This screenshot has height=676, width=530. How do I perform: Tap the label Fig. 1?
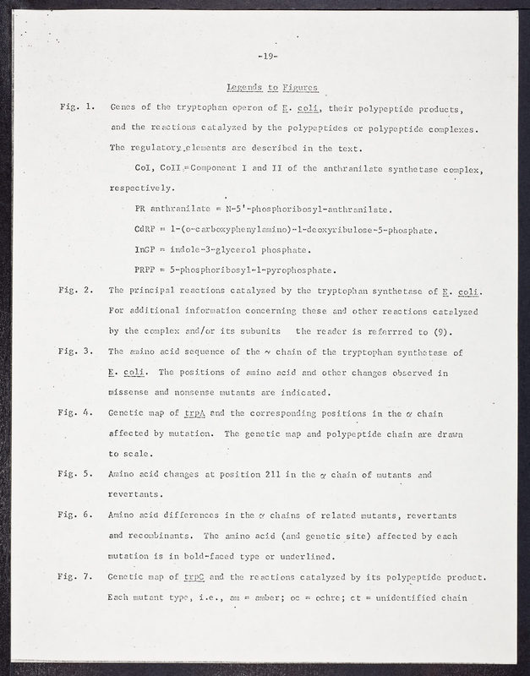[x=77, y=110]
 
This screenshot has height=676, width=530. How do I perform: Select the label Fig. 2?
[x=77, y=291]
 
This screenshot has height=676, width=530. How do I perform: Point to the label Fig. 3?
[x=77, y=352]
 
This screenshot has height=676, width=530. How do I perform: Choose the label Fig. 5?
[x=77, y=474]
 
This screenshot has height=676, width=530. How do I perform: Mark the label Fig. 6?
[x=77, y=515]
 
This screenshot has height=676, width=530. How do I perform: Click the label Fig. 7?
[x=77, y=576]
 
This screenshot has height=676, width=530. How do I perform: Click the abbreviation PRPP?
[x=147, y=270]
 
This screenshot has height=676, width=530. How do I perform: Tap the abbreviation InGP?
[x=147, y=250]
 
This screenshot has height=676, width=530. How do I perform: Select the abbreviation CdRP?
[x=147, y=230]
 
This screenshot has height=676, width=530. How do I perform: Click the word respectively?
[x=142, y=188]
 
